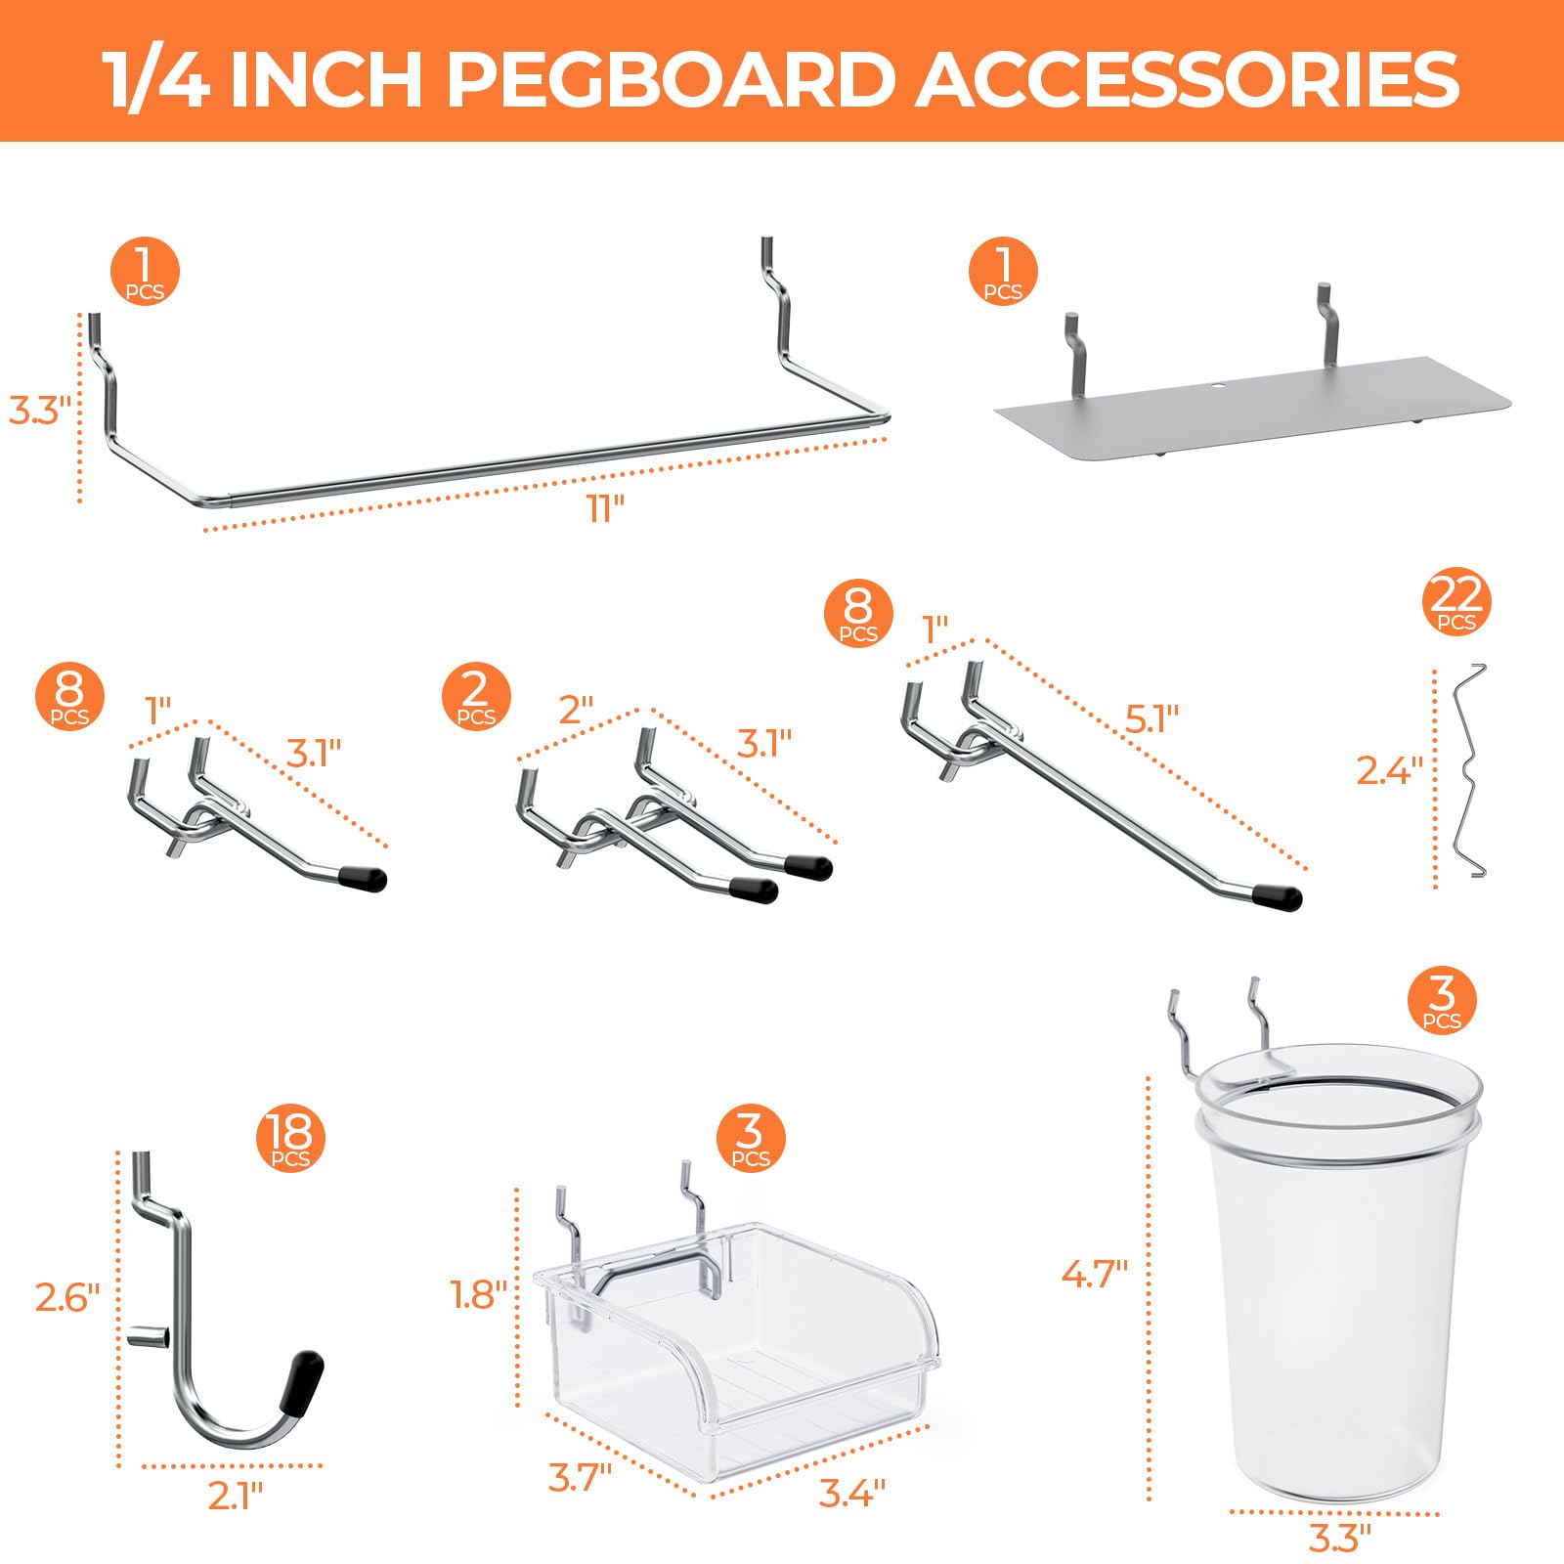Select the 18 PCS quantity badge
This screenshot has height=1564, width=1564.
coord(290,1139)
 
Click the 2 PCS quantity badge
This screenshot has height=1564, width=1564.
coord(476,696)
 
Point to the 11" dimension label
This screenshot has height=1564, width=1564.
coord(606,508)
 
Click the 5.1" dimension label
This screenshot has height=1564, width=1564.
coord(1152,718)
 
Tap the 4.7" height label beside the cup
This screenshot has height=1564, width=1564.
coord(1095,1274)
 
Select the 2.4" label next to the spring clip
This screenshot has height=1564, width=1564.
coord(1388,771)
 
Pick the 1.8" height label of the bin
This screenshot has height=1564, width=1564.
coord(479,1295)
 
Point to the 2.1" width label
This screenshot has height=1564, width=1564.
coord(236,1496)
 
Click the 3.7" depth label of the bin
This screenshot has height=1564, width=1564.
coord(580,1477)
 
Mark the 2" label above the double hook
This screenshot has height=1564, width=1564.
coord(576,711)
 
